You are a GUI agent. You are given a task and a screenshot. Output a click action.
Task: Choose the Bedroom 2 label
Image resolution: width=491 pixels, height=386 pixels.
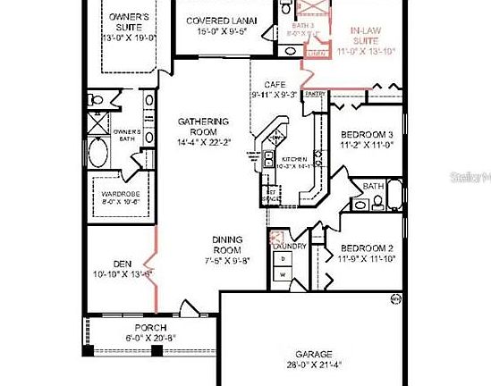366,248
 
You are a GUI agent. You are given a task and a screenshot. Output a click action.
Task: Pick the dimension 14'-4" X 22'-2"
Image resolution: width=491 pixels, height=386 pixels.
203,141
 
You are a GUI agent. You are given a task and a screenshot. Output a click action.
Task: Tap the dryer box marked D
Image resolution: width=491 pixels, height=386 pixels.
284,259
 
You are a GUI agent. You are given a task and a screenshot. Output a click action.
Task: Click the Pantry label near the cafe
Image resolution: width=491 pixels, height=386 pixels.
314,93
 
